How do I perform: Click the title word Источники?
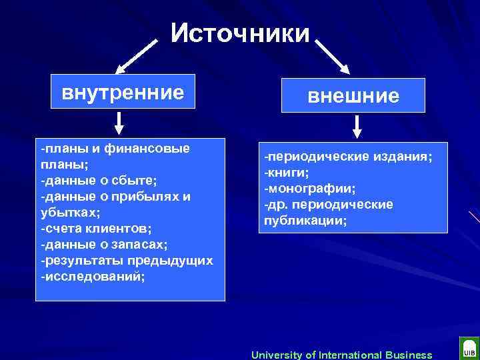pos(240,33)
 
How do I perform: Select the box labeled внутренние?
pos(123,91)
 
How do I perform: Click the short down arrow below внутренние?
pos(119,123)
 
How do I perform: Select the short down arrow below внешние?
pos(357,127)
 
